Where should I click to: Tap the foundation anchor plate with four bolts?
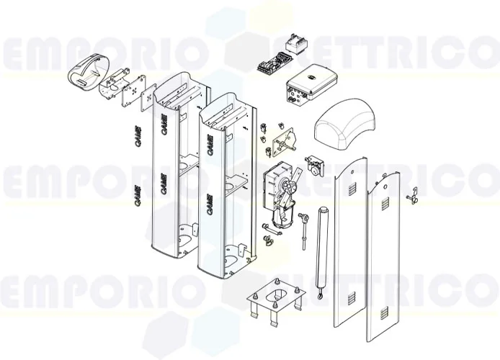275,296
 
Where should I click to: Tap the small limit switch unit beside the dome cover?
314,164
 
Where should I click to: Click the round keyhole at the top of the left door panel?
347,172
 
